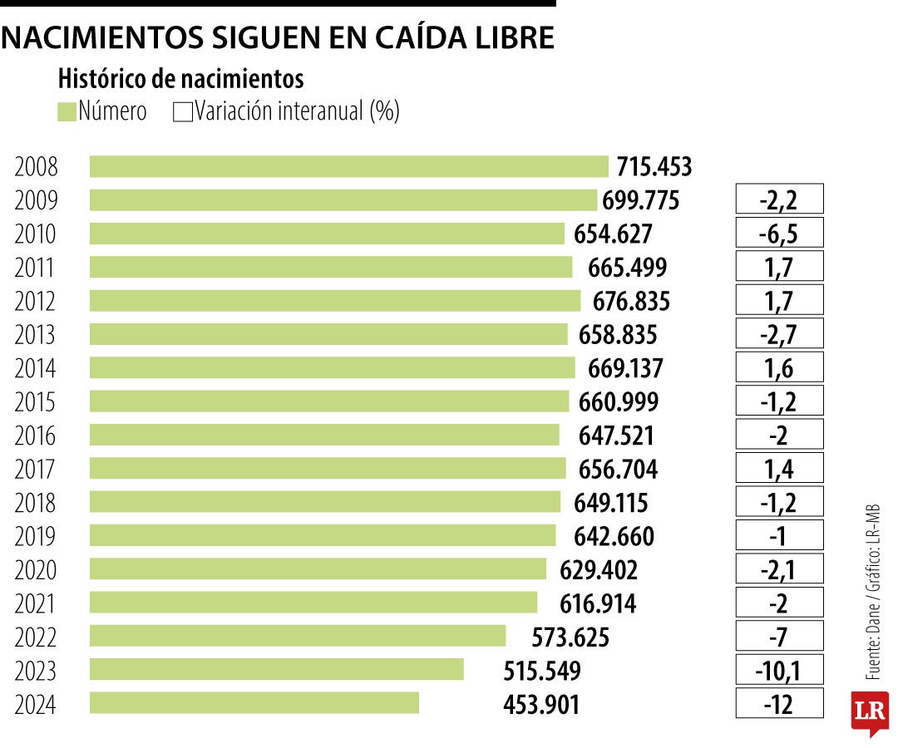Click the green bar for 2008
click(x=349, y=166)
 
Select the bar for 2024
click(x=254, y=703)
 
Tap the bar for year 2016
click(x=324, y=435)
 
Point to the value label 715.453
click(x=654, y=167)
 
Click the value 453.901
click(x=541, y=704)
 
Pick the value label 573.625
click(x=570, y=637)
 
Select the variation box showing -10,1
click(x=779, y=670)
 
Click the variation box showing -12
click(x=779, y=704)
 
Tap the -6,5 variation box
click(x=779, y=234)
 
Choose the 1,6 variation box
click(x=779, y=368)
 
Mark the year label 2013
click(x=36, y=335)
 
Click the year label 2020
click(x=36, y=570)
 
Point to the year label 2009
click(x=36, y=200)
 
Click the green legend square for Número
click(x=67, y=111)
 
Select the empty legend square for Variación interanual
click(x=182, y=111)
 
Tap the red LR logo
click(x=870, y=712)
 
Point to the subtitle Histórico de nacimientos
click(x=180, y=79)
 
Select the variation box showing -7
click(x=779, y=637)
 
